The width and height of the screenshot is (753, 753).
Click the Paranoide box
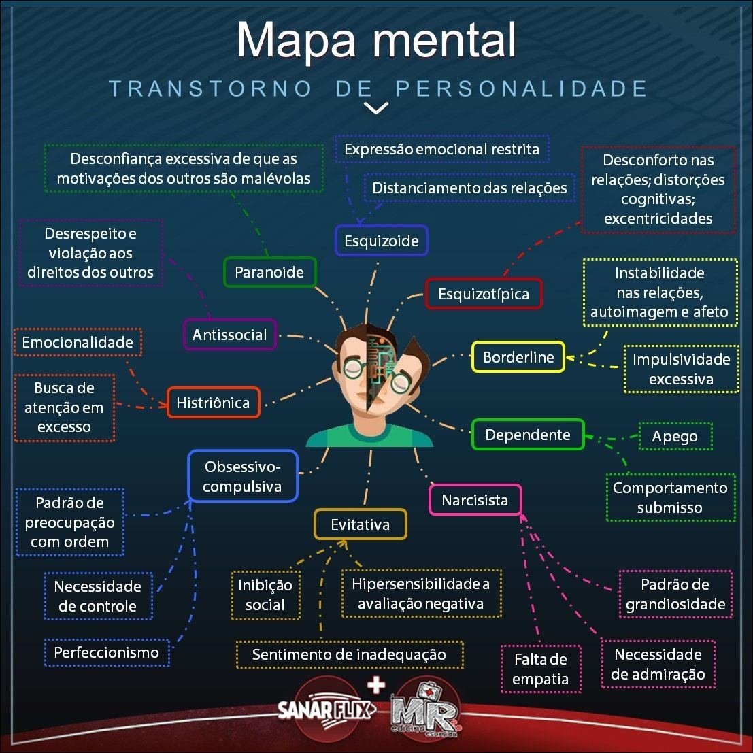click(x=269, y=272)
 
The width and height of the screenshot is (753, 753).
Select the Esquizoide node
click(x=381, y=241)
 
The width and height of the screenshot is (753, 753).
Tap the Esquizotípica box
click(x=483, y=294)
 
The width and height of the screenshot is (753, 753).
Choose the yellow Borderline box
click(x=518, y=357)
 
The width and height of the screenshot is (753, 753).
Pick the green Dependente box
click(x=528, y=435)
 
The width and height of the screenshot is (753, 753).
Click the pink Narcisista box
click(x=475, y=500)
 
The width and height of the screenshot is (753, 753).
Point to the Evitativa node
click(x=360, y=524)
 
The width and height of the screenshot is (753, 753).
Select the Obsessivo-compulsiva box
click(x=242, y=476)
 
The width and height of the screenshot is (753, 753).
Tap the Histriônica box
click(x=213, y=403)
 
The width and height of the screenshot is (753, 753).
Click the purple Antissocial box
click(x=230, y=335)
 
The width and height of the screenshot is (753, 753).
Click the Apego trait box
click(x=675, y=436)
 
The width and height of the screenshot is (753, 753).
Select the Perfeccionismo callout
click(x=106, y=652)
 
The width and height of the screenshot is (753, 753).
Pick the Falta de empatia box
click(x=540, y=669)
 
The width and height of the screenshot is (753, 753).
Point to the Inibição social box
click(x=265, y=595)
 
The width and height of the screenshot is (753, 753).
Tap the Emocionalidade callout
click(x=78, y=342)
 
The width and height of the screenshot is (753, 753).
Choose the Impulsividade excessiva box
click(x=680, y=369)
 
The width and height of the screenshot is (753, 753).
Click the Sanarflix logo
click(x=326, y=710)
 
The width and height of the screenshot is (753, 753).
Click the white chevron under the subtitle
click(x=376, y=108)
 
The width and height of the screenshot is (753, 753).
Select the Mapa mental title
click(x=376, y=41)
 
